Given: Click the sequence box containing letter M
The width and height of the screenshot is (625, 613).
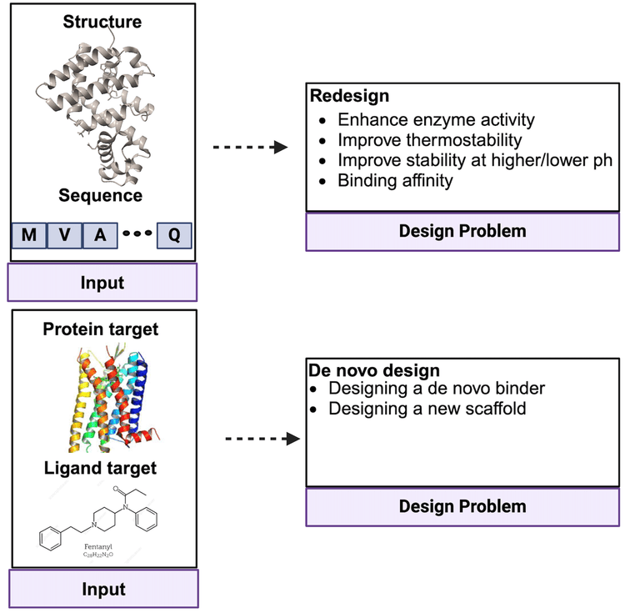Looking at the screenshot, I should (x=29, y=235).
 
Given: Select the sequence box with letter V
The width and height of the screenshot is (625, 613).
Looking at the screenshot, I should (x=65, y=235).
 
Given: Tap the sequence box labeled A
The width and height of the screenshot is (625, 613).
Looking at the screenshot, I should (x=100, y=235).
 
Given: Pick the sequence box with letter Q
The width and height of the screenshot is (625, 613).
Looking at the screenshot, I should (x=174, y=235).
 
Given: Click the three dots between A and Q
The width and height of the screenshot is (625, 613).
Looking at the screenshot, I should (x=137, y=234).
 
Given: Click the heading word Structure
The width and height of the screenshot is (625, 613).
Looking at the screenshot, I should (x=102, y=22).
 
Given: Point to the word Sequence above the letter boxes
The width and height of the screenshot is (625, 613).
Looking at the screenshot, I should (x=100, y=196).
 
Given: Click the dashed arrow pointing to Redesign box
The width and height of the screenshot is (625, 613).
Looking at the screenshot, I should (x=250, y=148).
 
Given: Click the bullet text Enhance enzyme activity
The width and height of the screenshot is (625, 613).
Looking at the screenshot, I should (x=436, y=119).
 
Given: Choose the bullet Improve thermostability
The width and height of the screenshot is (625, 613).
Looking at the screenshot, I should (x=431, y=139).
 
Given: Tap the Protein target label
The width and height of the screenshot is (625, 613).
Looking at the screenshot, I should (x=100, y=329).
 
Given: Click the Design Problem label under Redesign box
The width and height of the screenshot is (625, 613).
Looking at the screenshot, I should (x=462, y=231).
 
